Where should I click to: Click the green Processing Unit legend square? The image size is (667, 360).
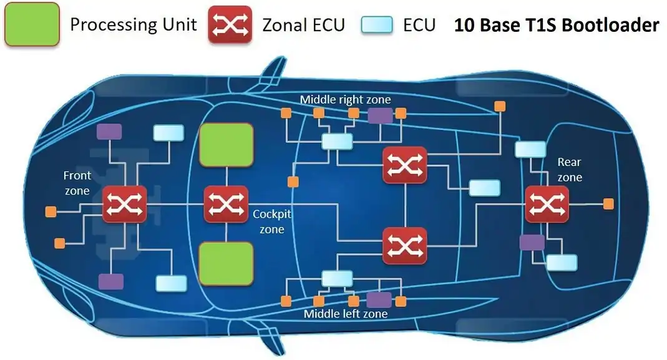click(32, 24)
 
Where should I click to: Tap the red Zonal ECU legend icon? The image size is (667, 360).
click(230, 24)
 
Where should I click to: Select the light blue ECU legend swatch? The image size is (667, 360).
click(377, 24)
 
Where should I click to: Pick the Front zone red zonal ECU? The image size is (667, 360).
click(124, 203)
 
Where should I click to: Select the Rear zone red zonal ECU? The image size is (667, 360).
click(547, 203)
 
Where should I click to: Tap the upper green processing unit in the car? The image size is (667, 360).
click(226, 144)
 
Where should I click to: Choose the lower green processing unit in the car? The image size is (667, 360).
click(226, 263)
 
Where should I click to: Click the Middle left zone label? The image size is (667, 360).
click(346, 313)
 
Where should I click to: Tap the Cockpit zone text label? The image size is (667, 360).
click(272, 221)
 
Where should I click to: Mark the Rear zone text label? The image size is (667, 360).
click(570, 170)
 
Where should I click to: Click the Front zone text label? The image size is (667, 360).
click(77, 183)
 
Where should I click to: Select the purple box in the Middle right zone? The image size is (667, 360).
click(380, 115)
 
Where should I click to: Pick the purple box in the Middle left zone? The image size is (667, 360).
click(379, 299)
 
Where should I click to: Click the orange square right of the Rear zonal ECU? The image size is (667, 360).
click(608, 204)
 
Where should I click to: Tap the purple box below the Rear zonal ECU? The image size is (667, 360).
click(532, 243)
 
